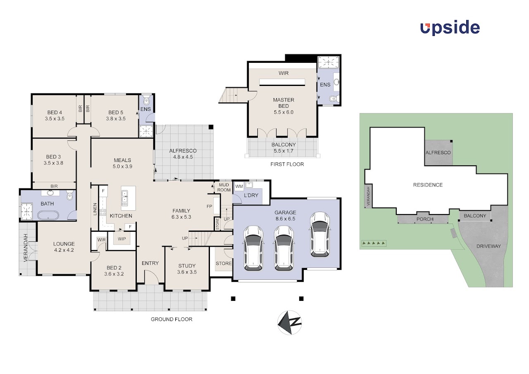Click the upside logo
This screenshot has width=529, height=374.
[450, 29]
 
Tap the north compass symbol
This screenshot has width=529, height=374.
[290, 322]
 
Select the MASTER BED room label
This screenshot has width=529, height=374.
[284, 103]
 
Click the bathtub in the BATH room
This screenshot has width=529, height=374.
[48, 215]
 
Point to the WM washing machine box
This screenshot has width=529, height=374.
[239, 186]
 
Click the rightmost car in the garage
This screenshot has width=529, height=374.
[319, 234]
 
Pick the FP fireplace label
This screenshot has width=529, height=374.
[209, 206]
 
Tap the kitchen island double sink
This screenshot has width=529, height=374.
[124, 198]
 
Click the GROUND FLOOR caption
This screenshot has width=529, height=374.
[172, 319]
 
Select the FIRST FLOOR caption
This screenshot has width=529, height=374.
[287, 164]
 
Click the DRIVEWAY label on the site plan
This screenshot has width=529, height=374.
[488, 246]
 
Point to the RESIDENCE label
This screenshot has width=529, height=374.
[428, 185]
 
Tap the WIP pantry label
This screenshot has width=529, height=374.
[122, 239]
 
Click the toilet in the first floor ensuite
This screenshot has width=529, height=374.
[334, 99]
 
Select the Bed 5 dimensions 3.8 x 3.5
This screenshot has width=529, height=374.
[115, 119]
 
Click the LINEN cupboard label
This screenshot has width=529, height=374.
[95, 209]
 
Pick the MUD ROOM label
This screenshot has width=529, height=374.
[224, 187]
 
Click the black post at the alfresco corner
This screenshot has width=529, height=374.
[211, 127]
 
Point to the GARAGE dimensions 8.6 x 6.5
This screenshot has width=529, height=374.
[285, 219]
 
